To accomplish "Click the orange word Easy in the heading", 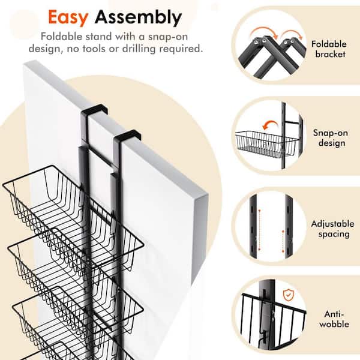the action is tap(68, 18).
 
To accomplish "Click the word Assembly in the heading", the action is tap(138, 18).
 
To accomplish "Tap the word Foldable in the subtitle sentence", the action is tap(61, 37).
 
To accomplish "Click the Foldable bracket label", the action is tap(329, 49).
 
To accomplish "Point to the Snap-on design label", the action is tap(331, 138).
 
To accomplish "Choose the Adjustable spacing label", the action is tap(332, 229).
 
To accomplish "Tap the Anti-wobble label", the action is tap(334, 319).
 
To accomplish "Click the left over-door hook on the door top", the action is tap(94, 109).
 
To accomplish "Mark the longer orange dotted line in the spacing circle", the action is tap(260, 230).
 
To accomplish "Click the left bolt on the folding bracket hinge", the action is tap(256, 41).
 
